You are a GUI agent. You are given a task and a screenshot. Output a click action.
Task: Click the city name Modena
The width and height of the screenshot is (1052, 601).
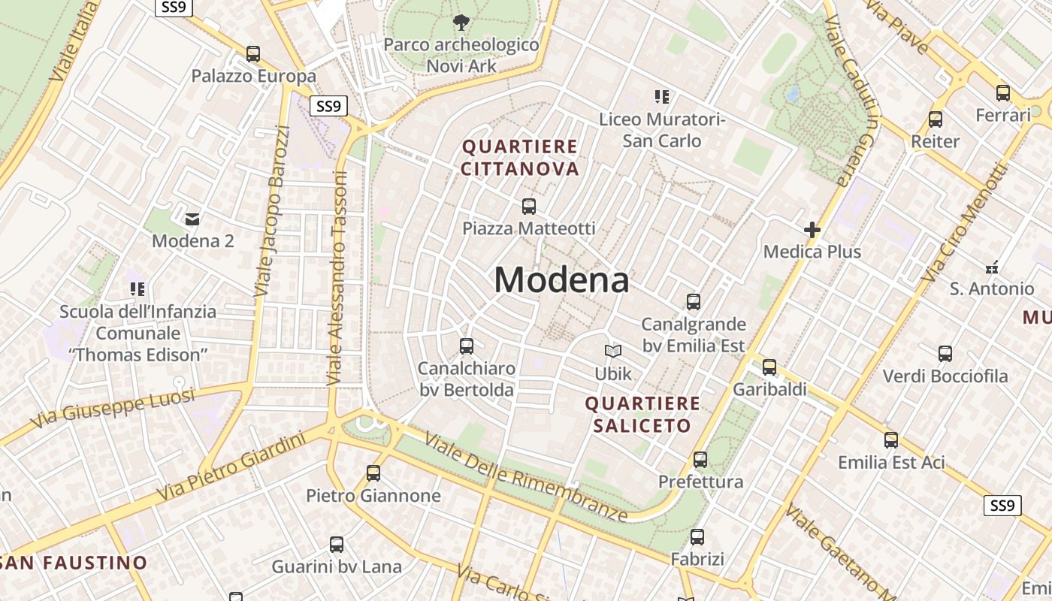[x=561, y=280]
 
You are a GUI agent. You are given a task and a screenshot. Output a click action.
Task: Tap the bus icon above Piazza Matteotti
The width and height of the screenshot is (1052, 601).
[x=529, y=206]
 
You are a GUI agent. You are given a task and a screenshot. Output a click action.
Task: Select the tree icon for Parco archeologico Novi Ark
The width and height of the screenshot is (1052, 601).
[x=461, y=23]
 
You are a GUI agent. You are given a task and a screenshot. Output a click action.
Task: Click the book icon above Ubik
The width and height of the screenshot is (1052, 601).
[x=613, y=351]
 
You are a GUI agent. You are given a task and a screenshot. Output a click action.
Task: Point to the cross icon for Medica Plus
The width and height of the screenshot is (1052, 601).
[x=812, y=229]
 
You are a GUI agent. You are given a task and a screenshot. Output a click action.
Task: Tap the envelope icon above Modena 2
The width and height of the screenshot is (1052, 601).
[x=192, y=219]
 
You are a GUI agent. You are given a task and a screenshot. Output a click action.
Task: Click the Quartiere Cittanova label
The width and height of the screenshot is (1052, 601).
[x=520, y=158]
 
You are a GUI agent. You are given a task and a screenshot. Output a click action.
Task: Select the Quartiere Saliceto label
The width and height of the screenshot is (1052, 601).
[x=642, y=415]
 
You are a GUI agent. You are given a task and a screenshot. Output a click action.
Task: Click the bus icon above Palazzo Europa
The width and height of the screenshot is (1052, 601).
[x=253, y=54]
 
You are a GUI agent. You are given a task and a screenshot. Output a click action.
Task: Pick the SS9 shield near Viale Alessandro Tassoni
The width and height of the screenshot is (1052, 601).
[x=329, y=106]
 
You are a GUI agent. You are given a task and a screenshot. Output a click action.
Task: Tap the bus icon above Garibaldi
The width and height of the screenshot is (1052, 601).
[x=769, y=367]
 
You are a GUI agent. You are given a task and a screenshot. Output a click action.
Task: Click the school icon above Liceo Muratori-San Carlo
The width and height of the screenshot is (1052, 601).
[x=662, y=96]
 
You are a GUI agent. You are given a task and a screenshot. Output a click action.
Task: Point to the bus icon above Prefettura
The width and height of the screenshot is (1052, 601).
[x=700, y=459]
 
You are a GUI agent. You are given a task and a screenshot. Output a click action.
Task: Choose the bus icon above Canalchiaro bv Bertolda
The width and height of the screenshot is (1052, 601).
[x=467, y=346]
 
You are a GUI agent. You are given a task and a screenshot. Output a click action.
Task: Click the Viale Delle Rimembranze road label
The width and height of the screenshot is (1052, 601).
[x=525, y=477]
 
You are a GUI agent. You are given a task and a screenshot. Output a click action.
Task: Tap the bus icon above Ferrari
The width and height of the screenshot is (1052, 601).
[x=1003, y=93]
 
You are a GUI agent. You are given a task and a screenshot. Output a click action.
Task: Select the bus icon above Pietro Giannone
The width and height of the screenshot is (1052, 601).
[x=373, y=473]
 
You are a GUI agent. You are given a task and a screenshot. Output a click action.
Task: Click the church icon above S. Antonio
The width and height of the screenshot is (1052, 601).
[x=992, y=267]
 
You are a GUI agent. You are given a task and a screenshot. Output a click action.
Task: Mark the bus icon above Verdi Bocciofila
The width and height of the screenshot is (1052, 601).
[x=945, y=353]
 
